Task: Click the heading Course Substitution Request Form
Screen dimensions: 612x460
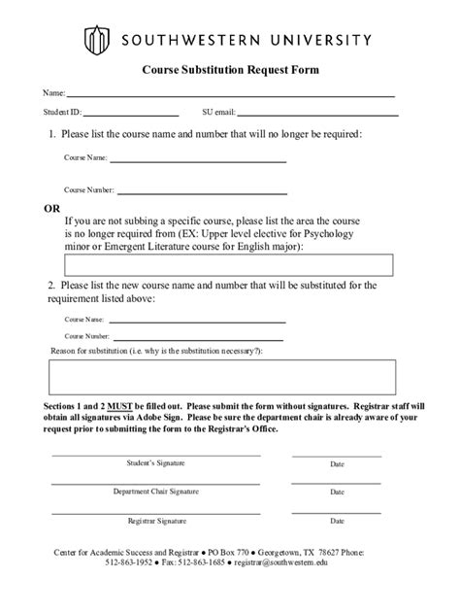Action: coord(231,71)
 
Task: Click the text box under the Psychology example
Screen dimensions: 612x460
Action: coord(229,265)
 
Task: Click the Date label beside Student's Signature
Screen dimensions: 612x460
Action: coord(337,464)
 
